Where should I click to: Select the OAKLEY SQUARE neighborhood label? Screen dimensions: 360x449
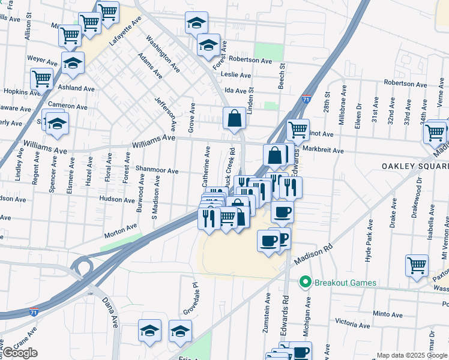tap(414, 166)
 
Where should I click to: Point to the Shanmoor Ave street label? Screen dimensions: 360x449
tap(157, 170)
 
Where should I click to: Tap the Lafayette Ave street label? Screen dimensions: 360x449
tap(125, 31)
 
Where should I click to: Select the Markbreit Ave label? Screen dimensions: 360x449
tap(323, 150)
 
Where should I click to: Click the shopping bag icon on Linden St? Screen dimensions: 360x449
tap(234, 118)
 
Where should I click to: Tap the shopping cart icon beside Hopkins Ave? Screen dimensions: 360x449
tap(41, 78)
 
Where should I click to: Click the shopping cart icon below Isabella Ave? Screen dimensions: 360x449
tap(417, 264)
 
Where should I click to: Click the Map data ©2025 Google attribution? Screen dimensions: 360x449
tap(412, 355)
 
